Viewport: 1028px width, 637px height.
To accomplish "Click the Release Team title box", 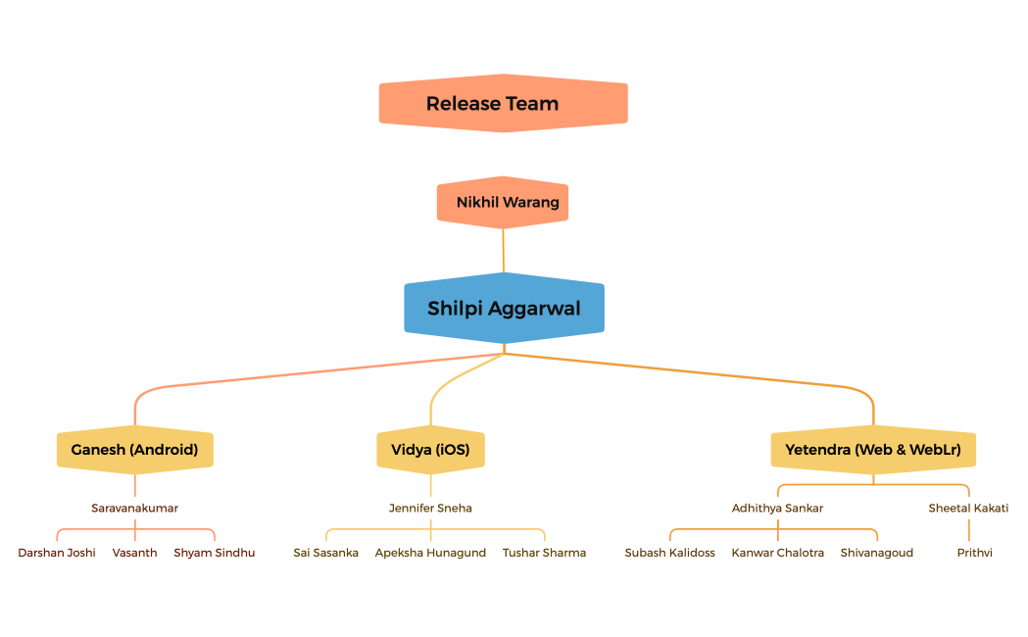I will click(503, 103).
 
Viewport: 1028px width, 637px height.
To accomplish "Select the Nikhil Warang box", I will click(503, 203).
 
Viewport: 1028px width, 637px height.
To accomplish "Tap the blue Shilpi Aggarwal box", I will click(504, 309).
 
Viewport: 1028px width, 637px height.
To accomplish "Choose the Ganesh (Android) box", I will click(134, 450).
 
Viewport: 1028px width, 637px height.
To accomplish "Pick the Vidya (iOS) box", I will click(430, 450).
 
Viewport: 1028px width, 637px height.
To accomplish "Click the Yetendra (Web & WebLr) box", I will click(872, 450).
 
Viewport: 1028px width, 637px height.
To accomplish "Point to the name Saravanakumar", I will click(134, 508).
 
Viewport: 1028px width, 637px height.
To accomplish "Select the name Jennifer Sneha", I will click(430, 508).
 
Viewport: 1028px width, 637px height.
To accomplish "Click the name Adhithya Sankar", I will click(777, 508).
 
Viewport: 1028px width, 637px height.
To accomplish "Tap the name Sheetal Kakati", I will click(968, 508).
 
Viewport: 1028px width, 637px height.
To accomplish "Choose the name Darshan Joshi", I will click(57, 553).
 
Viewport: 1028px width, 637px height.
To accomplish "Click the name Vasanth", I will click(134, 553).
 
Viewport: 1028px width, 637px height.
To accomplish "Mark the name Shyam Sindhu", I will click(214, 553).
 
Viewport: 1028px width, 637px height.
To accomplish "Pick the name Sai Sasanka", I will click(325, 553).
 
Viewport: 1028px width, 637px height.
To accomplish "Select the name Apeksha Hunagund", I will click(430, 553).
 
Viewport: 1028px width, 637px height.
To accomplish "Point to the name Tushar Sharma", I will click(544, 553).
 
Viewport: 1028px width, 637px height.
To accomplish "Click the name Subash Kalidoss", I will click(669, 553).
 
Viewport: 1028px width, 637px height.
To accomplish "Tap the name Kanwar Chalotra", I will click(777, 553).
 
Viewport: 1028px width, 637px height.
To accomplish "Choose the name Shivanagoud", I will click(876, 553).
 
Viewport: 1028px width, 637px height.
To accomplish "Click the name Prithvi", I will click(974, 553).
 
